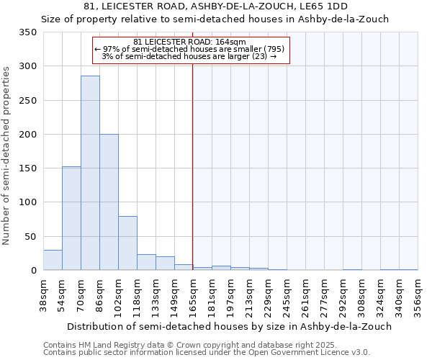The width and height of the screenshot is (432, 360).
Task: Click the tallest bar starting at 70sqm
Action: coord(90,173)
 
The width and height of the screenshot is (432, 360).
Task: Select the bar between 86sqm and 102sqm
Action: coord(109,202)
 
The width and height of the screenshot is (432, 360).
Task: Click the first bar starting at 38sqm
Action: coord(53,260)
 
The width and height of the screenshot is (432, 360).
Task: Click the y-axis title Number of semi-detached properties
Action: coord(7,155)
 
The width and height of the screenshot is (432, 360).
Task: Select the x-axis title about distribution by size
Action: coord(227,326)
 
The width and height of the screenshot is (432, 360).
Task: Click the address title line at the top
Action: coord(216,6)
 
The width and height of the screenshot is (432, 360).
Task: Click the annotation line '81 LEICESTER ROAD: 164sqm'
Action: coord(190,42)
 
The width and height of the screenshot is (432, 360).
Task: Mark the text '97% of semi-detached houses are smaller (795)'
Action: coord(190,49)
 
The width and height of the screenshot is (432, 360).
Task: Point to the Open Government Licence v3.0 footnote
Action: coord(207,352)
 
